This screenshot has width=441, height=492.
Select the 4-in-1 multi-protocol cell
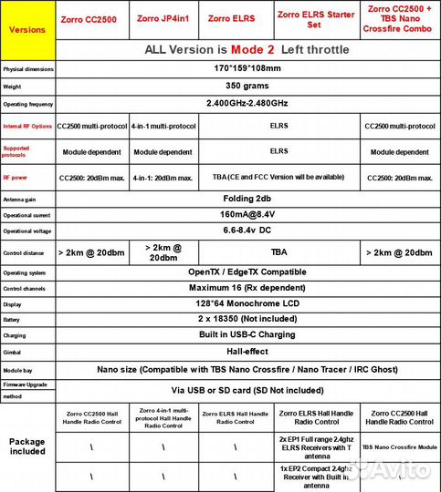pyautogui.click(x=163, y=127)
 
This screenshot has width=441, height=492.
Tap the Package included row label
pyautogui.click(x=26, y=446)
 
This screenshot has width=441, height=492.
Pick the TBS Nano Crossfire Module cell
pyautogui.click(x=400, y=448)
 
